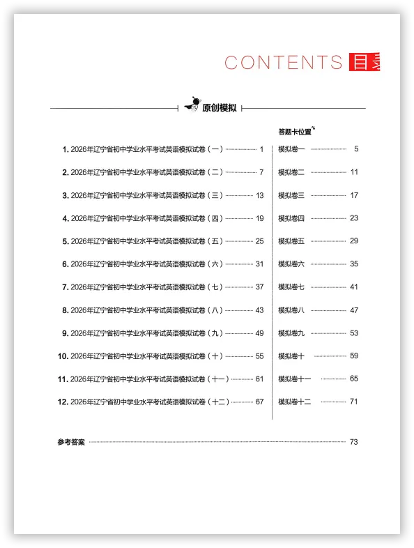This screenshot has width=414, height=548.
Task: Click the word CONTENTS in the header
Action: (x=283, y=62)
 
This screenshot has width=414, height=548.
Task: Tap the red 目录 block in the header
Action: (x=364, y=62)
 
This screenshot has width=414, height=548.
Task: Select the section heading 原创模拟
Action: (x=219, y=108)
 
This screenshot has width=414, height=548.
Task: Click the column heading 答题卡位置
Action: (x=295, y=131)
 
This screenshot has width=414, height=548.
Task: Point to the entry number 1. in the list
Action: (x=65, y=149)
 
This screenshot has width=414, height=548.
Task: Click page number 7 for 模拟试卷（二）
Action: (x=261, y=172)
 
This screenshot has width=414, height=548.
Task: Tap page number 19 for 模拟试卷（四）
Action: (x=260, y=218)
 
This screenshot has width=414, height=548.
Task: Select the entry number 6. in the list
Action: (x=65, y=264)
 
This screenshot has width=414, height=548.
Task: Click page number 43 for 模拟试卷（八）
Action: (x=260, y=310)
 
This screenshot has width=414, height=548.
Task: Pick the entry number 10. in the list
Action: (x=63, y=356)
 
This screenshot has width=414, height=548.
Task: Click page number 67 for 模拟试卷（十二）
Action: (x=260, y=402)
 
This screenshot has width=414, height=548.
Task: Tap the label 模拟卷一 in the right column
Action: (x=291, y=149)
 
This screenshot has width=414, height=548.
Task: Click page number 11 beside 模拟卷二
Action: (x=354, y=172)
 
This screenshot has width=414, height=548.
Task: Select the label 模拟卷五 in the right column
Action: (x=291, y=241)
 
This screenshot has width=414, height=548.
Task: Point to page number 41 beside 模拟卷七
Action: (x=354, y=287)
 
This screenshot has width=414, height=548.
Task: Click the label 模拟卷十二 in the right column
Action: (x=295, y=402)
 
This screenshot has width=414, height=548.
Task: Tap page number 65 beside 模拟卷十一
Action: (x=354, y=379)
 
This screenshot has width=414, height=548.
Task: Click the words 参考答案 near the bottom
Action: (x=71, y=442)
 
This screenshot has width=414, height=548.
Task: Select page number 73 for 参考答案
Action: (x=353, y=442)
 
